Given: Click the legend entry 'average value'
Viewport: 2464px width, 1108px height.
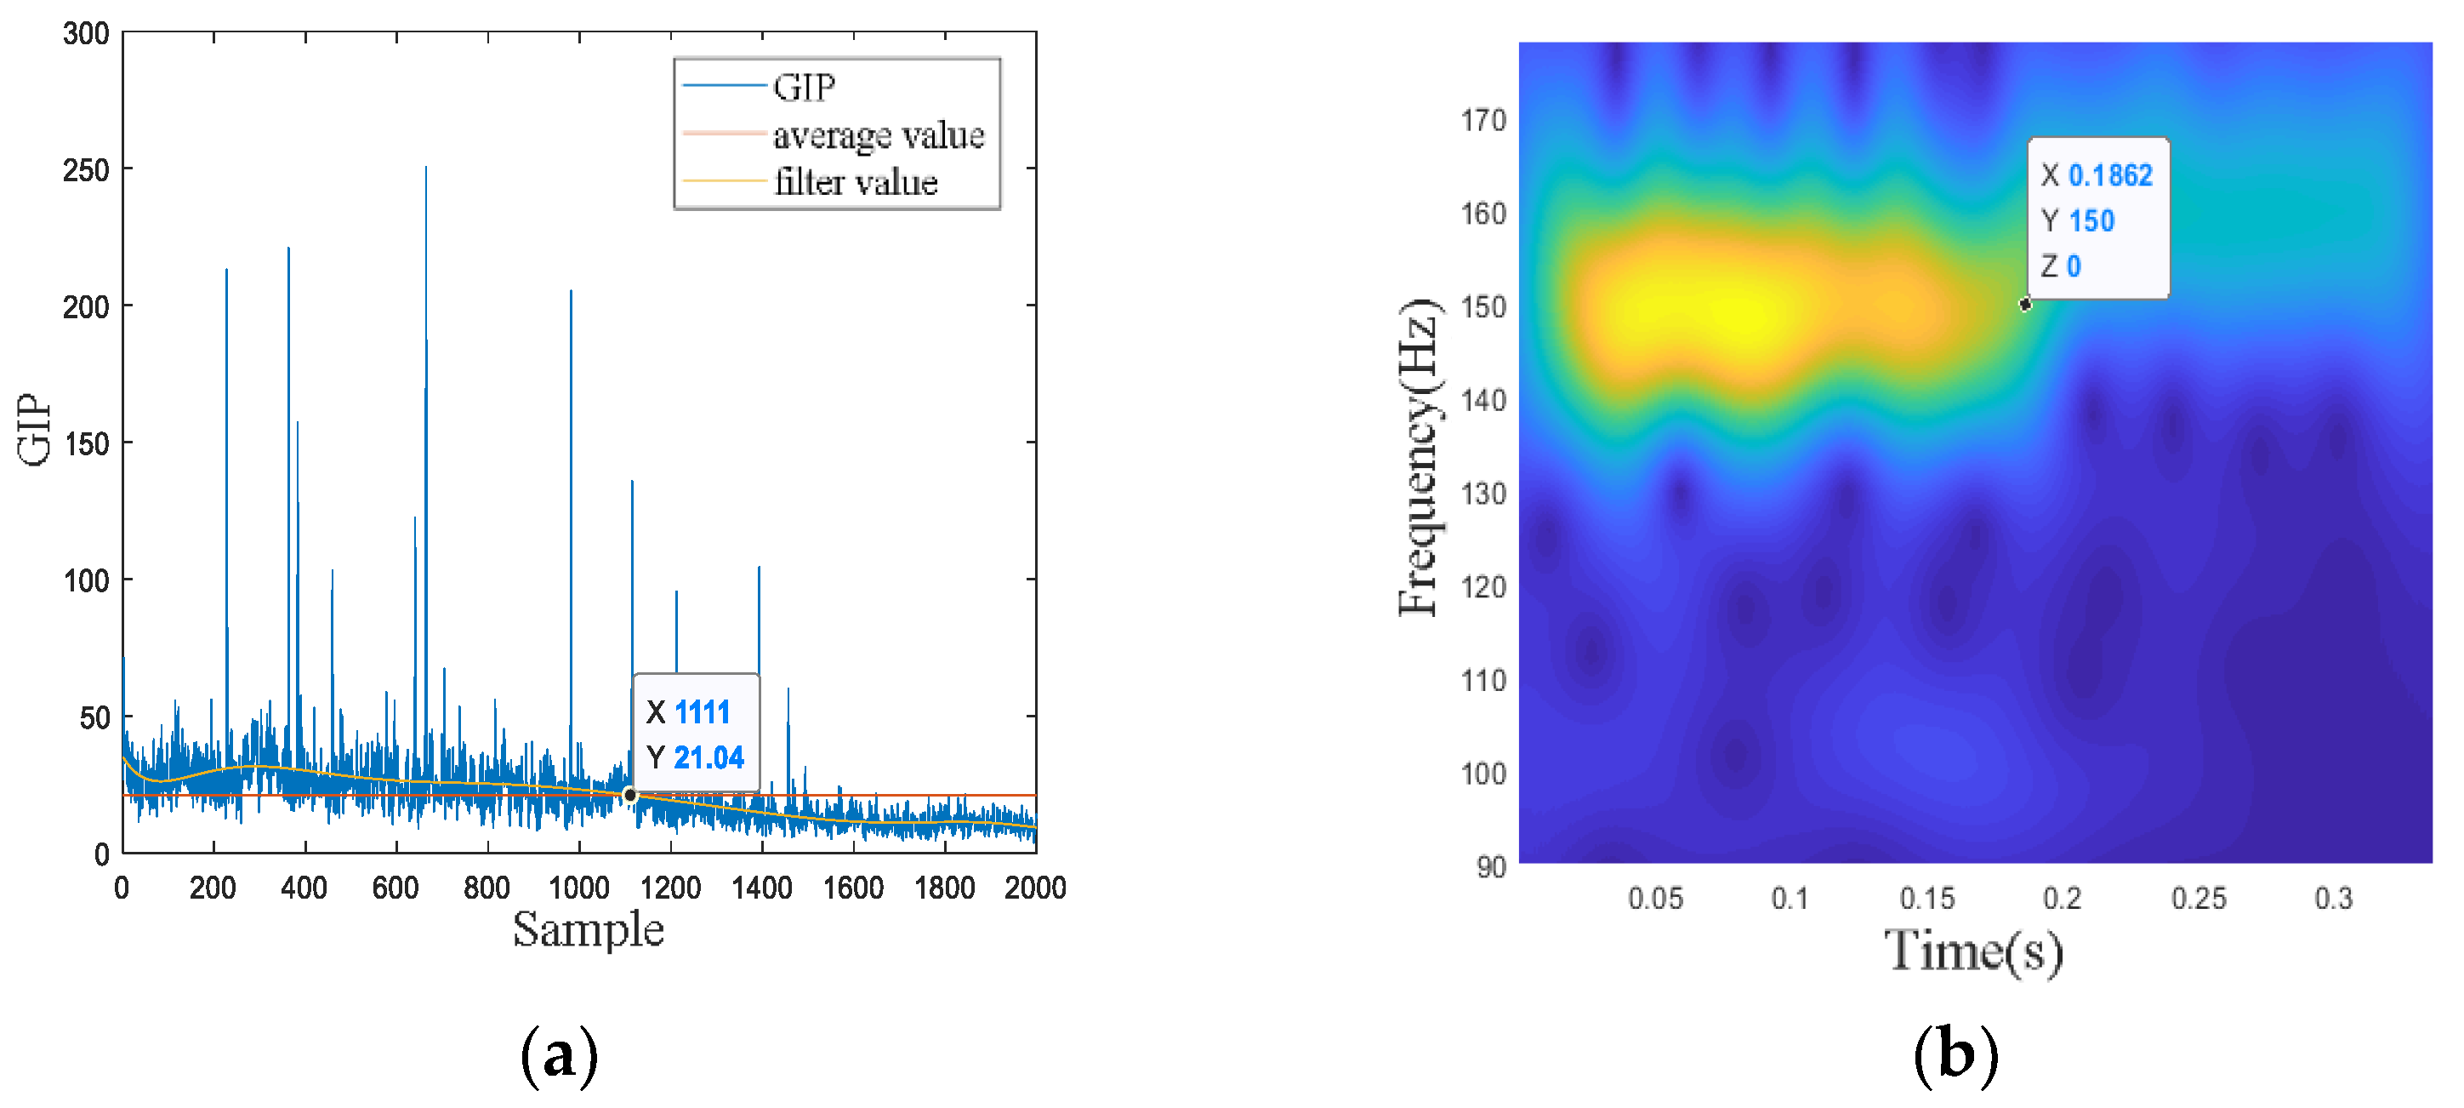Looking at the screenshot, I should [877, 135].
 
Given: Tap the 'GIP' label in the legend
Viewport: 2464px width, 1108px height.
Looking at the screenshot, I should [804, 87].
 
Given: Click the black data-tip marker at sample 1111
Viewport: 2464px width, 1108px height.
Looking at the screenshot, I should [629, 795].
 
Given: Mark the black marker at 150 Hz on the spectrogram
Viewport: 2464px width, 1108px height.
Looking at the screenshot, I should [2025, 305].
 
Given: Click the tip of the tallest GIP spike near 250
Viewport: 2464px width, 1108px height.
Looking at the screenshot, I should [425, 168].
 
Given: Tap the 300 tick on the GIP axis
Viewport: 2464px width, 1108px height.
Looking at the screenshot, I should [86, 33].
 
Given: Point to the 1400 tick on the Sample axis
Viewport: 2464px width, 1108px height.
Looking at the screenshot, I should [761, 887].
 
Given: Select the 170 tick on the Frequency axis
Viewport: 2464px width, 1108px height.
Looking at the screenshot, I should [1482, 120].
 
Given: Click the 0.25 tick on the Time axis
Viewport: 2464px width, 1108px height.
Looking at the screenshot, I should [2198, 898].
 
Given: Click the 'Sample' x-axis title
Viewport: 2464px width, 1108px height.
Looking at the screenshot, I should [588, 929].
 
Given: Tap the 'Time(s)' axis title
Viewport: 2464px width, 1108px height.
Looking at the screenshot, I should [1973, 951].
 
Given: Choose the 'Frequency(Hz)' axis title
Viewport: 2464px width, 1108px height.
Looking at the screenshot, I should [1419, 457].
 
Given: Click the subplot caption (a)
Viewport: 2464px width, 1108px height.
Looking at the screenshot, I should [559, 1054].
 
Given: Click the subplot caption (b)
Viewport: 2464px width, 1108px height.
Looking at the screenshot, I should [1955, 1054].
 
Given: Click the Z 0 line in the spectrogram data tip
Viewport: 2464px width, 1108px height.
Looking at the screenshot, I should [2062, 266].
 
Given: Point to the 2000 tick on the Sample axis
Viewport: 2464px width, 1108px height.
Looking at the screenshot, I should [1035, 887].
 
